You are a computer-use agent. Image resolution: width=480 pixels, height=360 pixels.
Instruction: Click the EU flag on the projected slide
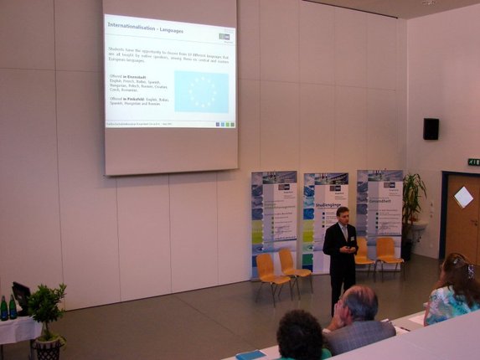coord(201,92)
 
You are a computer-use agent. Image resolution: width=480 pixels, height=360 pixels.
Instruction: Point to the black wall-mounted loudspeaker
coord(431,129)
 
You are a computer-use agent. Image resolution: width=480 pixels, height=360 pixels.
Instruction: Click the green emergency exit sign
coord(473,162)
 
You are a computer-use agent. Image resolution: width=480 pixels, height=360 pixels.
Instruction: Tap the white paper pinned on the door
coord(463,197)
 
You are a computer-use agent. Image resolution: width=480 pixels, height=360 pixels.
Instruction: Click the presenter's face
coord(342,215)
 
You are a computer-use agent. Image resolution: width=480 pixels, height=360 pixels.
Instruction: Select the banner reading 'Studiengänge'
coord(325,219)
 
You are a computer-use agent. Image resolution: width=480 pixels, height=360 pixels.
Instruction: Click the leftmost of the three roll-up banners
coord(273,219)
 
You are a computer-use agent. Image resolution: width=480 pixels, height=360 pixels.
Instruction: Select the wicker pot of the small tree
coord(49,347)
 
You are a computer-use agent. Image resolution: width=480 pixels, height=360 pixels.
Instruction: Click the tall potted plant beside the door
coord(412,209)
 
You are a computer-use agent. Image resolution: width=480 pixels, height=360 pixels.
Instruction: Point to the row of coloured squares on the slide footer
coord(225,124)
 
